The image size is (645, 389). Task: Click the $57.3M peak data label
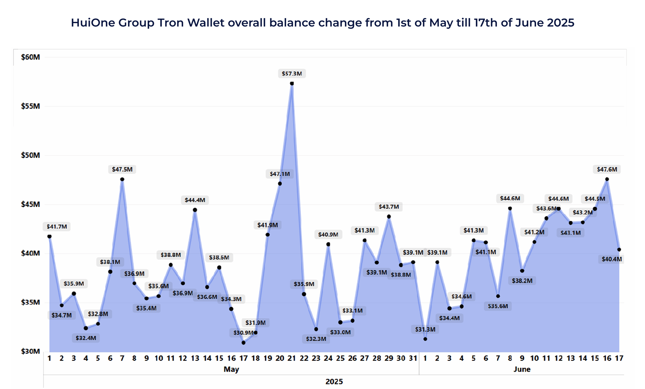point(292,74)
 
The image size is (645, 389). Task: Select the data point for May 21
point(292,84)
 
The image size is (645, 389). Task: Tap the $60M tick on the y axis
point(30,57)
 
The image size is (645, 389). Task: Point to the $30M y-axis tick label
point(30,351)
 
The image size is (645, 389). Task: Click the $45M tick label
point(30,204)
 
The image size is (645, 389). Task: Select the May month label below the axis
point(231,369)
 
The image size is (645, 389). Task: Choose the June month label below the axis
point(522,369)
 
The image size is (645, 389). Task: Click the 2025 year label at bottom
point(334,382)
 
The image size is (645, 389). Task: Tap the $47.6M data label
point(607,169)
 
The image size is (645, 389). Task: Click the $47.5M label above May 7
point(122,169)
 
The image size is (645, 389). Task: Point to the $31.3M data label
point(425,329)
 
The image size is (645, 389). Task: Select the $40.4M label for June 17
point(611,259)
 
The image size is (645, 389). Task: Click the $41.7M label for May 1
point(57,226)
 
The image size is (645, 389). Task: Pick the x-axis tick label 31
point(413,358)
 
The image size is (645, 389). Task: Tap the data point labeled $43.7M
point(389,217)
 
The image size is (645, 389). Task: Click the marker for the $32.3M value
point(316,329)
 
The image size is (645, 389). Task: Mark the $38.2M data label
point(522,281)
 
